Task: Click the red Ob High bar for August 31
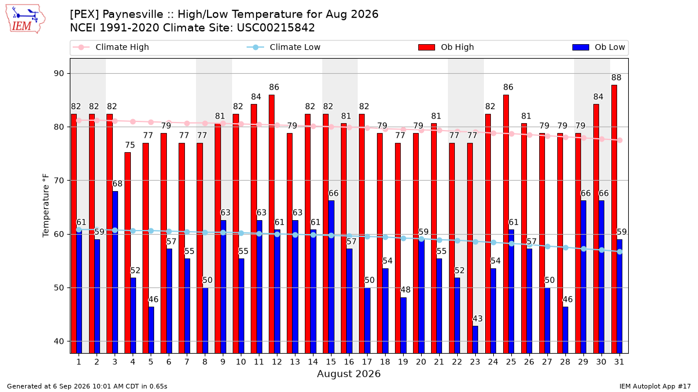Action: point(614,219)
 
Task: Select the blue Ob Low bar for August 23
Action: point(475,339)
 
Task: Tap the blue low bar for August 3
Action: point(115,272)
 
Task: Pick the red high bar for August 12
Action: point(272,224)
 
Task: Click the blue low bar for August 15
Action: point(331,277)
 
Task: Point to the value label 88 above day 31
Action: point(617,77)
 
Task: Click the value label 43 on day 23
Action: point(478,319)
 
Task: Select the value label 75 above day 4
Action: point(130,145)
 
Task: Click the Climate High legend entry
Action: point(111,47)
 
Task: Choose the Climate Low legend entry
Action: point(284,47)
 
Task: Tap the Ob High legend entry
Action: point(446,47)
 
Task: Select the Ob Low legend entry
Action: point(599,47)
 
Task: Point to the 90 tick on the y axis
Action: point(59,73)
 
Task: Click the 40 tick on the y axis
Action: point(59,341)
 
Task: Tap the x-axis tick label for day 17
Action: point(367,362)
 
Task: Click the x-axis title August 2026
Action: point(348,373)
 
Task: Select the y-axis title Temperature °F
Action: point(46,206)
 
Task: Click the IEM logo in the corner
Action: point(26,19)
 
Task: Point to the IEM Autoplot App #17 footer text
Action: point(655,386)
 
